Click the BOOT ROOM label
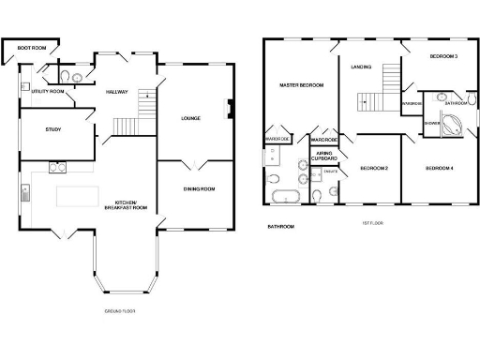[x=31, y=46]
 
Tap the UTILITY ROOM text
[x=47, y=92]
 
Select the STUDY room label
[x=52, y=129]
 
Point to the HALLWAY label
[x=117, y=92]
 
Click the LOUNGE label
[x=191, y=118]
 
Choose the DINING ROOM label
[x=198, y=188]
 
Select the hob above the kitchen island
[x=57, y=168]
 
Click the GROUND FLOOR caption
[x=120, y=309]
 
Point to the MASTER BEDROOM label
[x=302, y=85]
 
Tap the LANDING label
[x=361, y=67]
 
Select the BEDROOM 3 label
[x=443, y=57]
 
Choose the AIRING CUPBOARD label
[x=324, y=156]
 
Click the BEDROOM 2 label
[x=374, y=169]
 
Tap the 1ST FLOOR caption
[x=374, y=223]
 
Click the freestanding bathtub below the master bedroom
[x=284, y=196]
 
